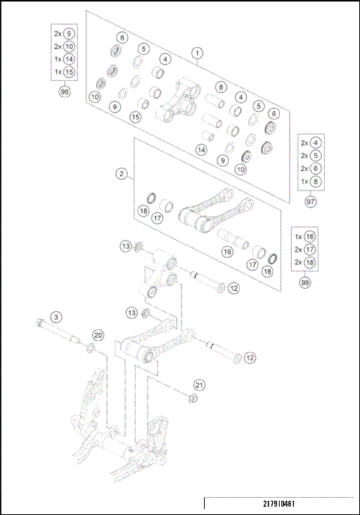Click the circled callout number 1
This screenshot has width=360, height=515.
(197, 53)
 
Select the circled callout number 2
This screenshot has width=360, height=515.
(121, 174)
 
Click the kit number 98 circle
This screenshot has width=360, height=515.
(65, 91)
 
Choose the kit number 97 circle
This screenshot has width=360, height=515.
(310, 201)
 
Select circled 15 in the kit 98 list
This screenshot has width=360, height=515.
(69, 72)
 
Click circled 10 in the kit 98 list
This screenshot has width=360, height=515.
(69, 46)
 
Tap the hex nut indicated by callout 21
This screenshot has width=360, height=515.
(192, 397)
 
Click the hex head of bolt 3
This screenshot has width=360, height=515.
(38, 324)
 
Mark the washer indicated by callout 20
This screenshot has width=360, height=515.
(91, 346)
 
